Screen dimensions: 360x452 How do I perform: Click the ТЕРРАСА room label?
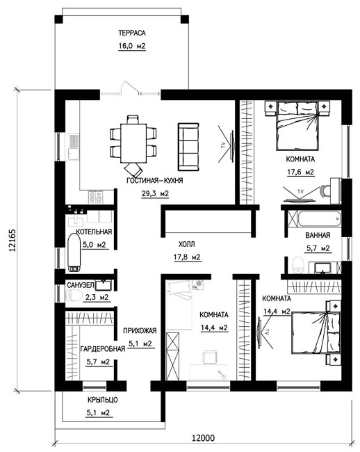(x=132, y=33)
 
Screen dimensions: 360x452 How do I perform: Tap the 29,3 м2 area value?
(x=155, y=193)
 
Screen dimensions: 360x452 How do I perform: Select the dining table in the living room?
(x=133, y=143)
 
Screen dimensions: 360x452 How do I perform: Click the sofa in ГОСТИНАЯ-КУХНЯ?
(x=188, y=147)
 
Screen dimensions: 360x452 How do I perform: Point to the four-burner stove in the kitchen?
(x=96, y=197)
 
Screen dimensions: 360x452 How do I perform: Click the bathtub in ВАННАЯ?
(x=320, y=220)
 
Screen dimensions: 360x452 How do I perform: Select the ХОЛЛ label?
(x=187, y=245)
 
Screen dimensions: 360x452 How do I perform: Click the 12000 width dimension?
(x=203, y=438)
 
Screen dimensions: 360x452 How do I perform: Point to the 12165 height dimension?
(x=13, y=241)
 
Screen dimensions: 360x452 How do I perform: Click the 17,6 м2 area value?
(x=300, y=172)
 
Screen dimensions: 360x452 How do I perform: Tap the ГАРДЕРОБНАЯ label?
(x=103, y=349)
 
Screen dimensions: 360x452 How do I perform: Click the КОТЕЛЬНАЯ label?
(x=94, y=232)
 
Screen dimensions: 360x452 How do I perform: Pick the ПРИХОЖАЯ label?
(x=140, y=330)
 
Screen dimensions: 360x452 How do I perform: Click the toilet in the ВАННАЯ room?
(x=298, y=264)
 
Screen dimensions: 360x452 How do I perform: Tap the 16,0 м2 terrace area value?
(x=132, y=46)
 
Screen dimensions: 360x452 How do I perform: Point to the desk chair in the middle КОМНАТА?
(x=211, y=357)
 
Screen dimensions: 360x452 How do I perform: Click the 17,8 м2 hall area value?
(x=187, y=257)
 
